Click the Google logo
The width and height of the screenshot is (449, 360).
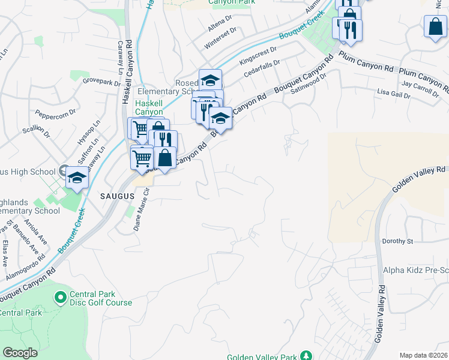point(20,353)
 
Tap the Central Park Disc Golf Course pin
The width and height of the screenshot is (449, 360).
point(60,297)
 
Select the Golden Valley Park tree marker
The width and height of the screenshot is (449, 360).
point(306,356)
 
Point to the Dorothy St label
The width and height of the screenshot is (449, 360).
point(398,241)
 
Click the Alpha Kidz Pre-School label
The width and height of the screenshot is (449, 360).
point(416,270)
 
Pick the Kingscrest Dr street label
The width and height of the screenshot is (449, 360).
point(258,57)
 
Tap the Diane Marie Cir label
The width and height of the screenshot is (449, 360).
point(140,209)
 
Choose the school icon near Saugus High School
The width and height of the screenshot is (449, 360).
point(76,178)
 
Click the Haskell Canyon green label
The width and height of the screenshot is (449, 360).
point(148,107)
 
